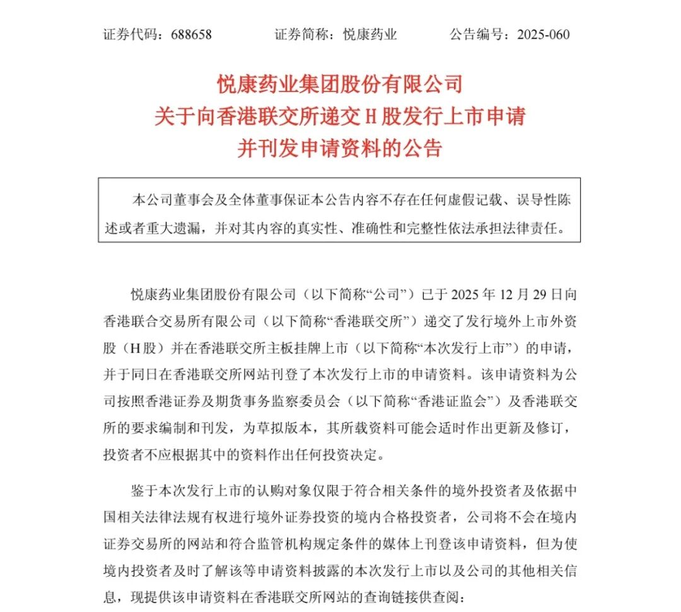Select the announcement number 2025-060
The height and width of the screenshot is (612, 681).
(x=543, y=34)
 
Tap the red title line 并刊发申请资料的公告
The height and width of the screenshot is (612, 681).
(x=340, y=149)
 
